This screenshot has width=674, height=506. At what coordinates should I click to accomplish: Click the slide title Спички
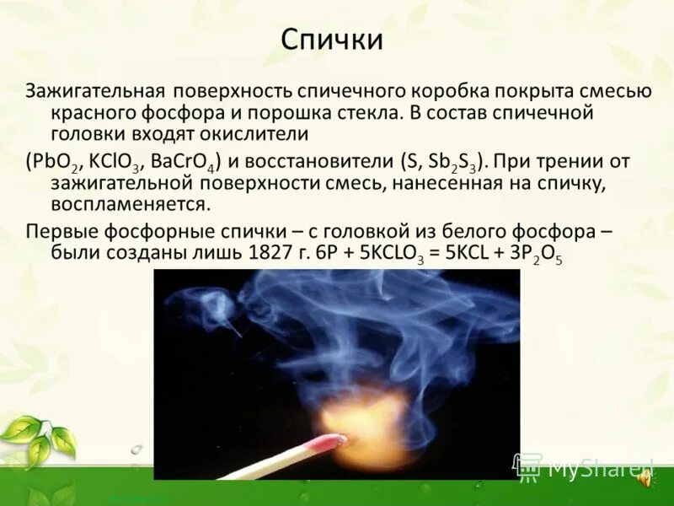[331, 40]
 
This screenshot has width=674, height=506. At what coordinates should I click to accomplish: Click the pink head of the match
[329, 444]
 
